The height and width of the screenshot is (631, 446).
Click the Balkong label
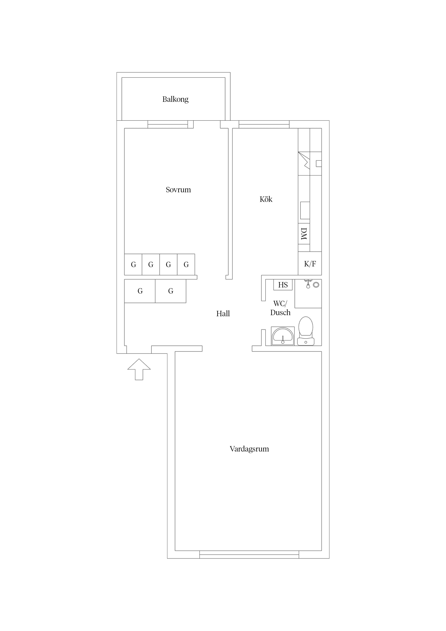(x=175, y=99)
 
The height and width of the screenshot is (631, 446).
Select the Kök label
(x=266, y=199)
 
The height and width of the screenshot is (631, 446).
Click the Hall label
(x=223, y=314)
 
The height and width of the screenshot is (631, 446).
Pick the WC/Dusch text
(x=280, y=308)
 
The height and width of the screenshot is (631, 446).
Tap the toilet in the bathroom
(x=306, y=331)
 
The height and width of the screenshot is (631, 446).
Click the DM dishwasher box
(x=304, y=234)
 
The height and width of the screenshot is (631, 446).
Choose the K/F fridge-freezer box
(x=310, y=264)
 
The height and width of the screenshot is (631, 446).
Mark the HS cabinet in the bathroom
(x=283, y=285)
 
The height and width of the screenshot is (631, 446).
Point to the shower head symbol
(x=308, y=284)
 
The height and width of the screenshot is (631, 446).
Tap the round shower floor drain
(x=316, y=285)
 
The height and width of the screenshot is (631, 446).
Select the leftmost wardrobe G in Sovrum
(x=133, y=264)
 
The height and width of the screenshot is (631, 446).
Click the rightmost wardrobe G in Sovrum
(x=186, y=264)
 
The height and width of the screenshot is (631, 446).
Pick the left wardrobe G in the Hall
(x=140, y=291)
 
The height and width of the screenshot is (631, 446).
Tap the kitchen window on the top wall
(x=264, y=124)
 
